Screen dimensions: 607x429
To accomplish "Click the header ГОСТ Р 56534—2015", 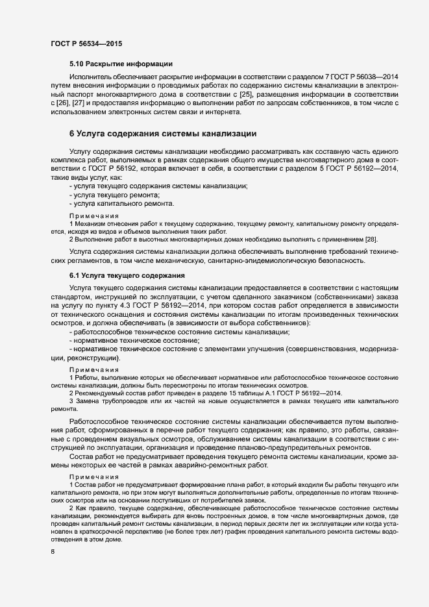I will coord(86,43).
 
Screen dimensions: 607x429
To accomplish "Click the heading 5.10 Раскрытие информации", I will coord(121,64).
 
